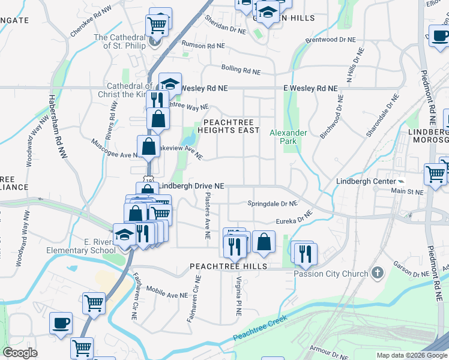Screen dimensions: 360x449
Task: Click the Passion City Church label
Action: [x=331, y=274]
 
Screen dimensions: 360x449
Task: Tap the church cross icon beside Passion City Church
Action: [x=377, y=274]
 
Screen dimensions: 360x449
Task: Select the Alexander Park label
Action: [x=288, y=137]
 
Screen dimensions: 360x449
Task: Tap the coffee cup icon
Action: [x=61, y=323]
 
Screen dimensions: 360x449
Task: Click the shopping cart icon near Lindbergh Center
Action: [x=435, y=175]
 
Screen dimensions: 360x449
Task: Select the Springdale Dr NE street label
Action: [x=273, y=204]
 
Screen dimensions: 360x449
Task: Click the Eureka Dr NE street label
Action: [x=294, y=218]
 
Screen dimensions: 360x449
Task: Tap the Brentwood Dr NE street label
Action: [x=331, y=40]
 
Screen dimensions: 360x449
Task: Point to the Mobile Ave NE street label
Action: [x=167, y=292]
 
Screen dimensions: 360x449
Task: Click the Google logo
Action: [x=20, y=353]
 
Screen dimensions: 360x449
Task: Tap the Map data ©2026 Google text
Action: [x=412, y=355]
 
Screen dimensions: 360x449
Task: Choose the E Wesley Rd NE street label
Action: [x=310, y=88]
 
